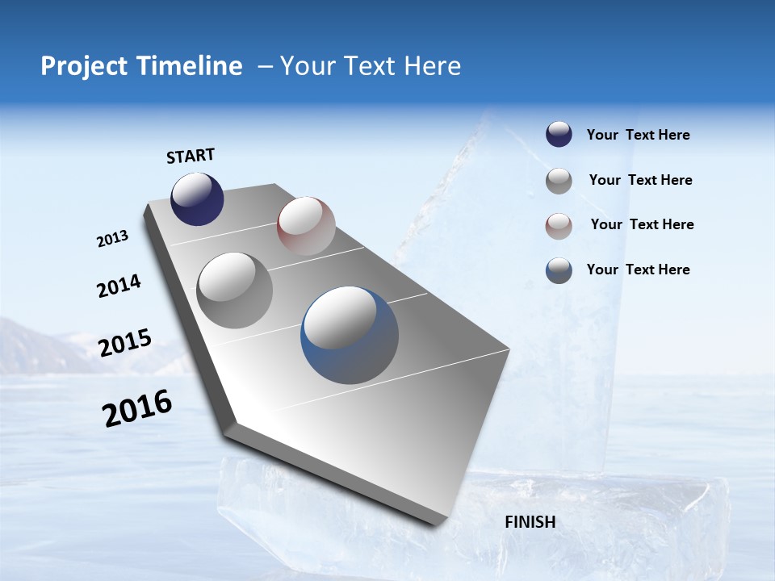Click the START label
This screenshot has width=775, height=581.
click(191, 156)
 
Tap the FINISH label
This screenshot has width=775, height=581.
click(530, 522)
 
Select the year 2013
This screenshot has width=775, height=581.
click(112, 239)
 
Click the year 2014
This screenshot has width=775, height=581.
click(119, 286)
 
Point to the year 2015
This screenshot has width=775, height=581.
click(124, 343)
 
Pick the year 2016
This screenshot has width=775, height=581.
click(137, 408)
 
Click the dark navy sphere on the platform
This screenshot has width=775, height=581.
click(197, 199)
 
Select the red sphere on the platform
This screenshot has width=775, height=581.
click(306, 226)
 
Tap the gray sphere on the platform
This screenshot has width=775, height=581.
click(235, 290)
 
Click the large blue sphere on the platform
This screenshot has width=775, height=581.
click(350, 335)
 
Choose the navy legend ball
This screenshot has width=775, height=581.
click(559, 135)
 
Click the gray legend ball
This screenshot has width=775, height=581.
click(559, 181)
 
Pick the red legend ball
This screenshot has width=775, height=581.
click(559, 226)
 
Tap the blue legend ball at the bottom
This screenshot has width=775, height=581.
click(559, 270)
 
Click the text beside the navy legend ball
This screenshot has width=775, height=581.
click(638, 135)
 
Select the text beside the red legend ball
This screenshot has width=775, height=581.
click(642, 224)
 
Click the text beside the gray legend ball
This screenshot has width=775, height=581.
click(640, 180)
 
